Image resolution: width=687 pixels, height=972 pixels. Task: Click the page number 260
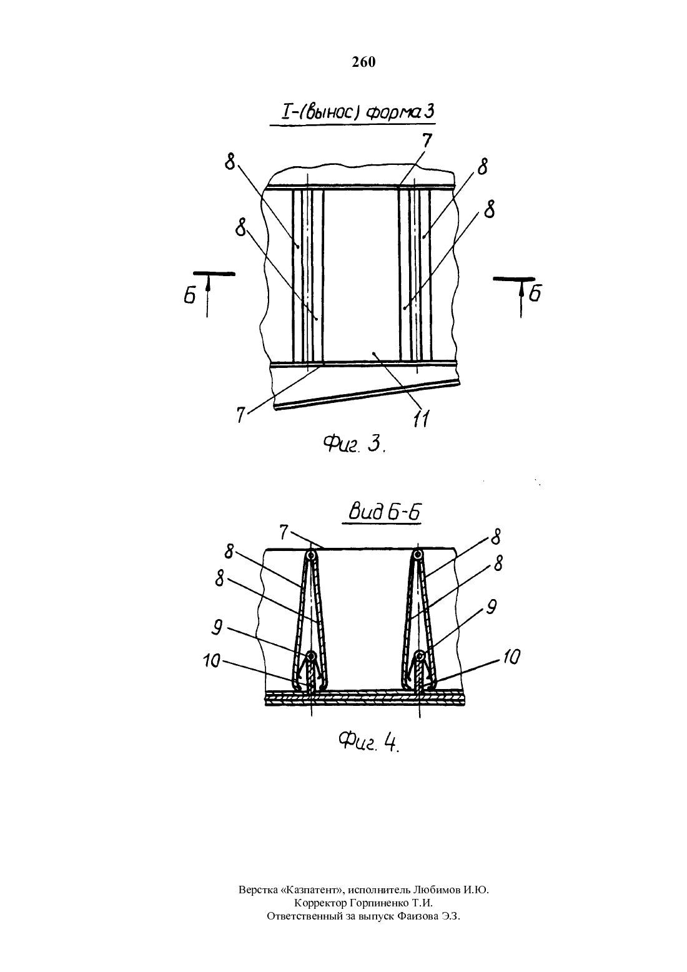click(x=363, y=62)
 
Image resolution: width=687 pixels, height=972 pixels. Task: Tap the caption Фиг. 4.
click(x=368, y=742)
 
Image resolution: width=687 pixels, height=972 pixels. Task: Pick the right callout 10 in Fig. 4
click(x=512, y=658)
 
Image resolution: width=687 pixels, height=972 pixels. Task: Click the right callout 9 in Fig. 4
click(x=491, y=607)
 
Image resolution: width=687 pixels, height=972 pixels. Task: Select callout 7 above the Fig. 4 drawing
click(x=284, y=532)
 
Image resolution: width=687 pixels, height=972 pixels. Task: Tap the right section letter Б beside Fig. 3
click(x=535, y=293)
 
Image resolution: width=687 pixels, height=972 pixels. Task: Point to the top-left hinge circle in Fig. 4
click(x=311, y=555)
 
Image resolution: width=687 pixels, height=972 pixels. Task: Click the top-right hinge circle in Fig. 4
click(x=418, y=554)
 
